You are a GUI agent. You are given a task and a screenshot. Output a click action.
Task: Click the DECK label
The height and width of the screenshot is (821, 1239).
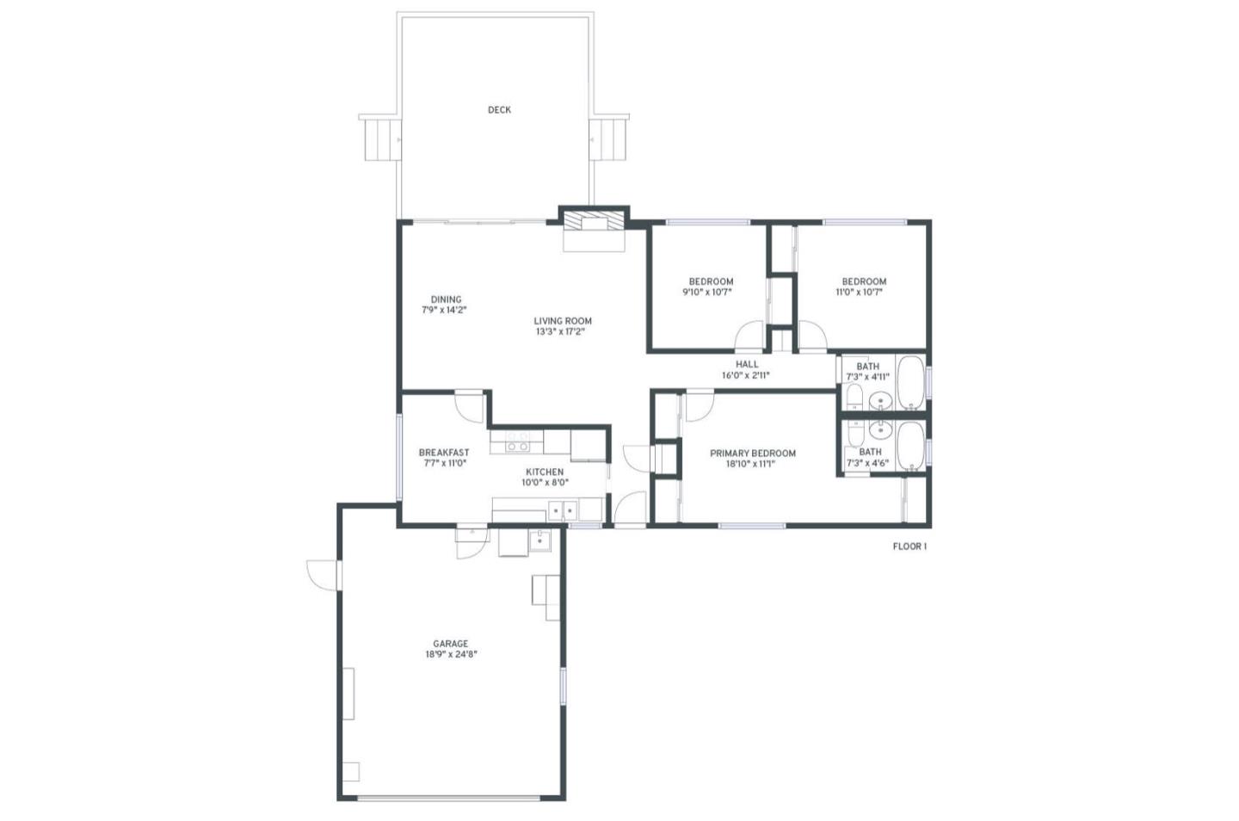[x=499, y=110]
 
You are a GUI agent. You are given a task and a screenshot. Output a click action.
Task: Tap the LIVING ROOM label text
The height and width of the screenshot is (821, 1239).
[x=563, y=321]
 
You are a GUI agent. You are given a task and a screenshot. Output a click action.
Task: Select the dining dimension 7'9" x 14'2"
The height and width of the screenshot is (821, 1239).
[x=444, y=310]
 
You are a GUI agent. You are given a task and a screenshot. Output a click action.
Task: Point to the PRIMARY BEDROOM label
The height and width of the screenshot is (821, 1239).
[x=752, y=454]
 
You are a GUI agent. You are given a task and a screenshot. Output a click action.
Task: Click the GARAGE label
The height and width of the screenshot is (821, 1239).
[x=450, y=644]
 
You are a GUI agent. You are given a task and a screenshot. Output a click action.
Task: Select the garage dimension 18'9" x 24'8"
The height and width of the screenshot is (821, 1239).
[x=450, y=654]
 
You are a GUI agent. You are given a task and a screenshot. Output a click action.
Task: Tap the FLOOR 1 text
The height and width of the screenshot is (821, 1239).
[x=909, y=546]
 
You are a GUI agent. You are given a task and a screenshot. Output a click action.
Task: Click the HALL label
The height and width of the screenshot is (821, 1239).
[x=747, y=364]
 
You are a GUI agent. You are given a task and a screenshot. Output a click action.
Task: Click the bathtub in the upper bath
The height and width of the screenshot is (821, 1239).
[x=910, y=383]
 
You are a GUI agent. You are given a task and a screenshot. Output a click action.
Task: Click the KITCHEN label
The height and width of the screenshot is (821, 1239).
[x=545, y=472]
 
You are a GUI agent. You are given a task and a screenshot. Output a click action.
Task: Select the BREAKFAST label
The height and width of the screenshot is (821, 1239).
[x=444, y=453]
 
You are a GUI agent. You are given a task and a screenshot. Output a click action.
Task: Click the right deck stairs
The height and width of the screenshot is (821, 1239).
[x=607, y=139]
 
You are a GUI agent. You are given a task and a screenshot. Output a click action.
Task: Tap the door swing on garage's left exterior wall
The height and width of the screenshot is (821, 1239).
[x=321, y=574]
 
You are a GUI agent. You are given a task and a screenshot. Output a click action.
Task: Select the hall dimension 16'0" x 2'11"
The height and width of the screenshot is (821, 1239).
[x=746, y=375]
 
